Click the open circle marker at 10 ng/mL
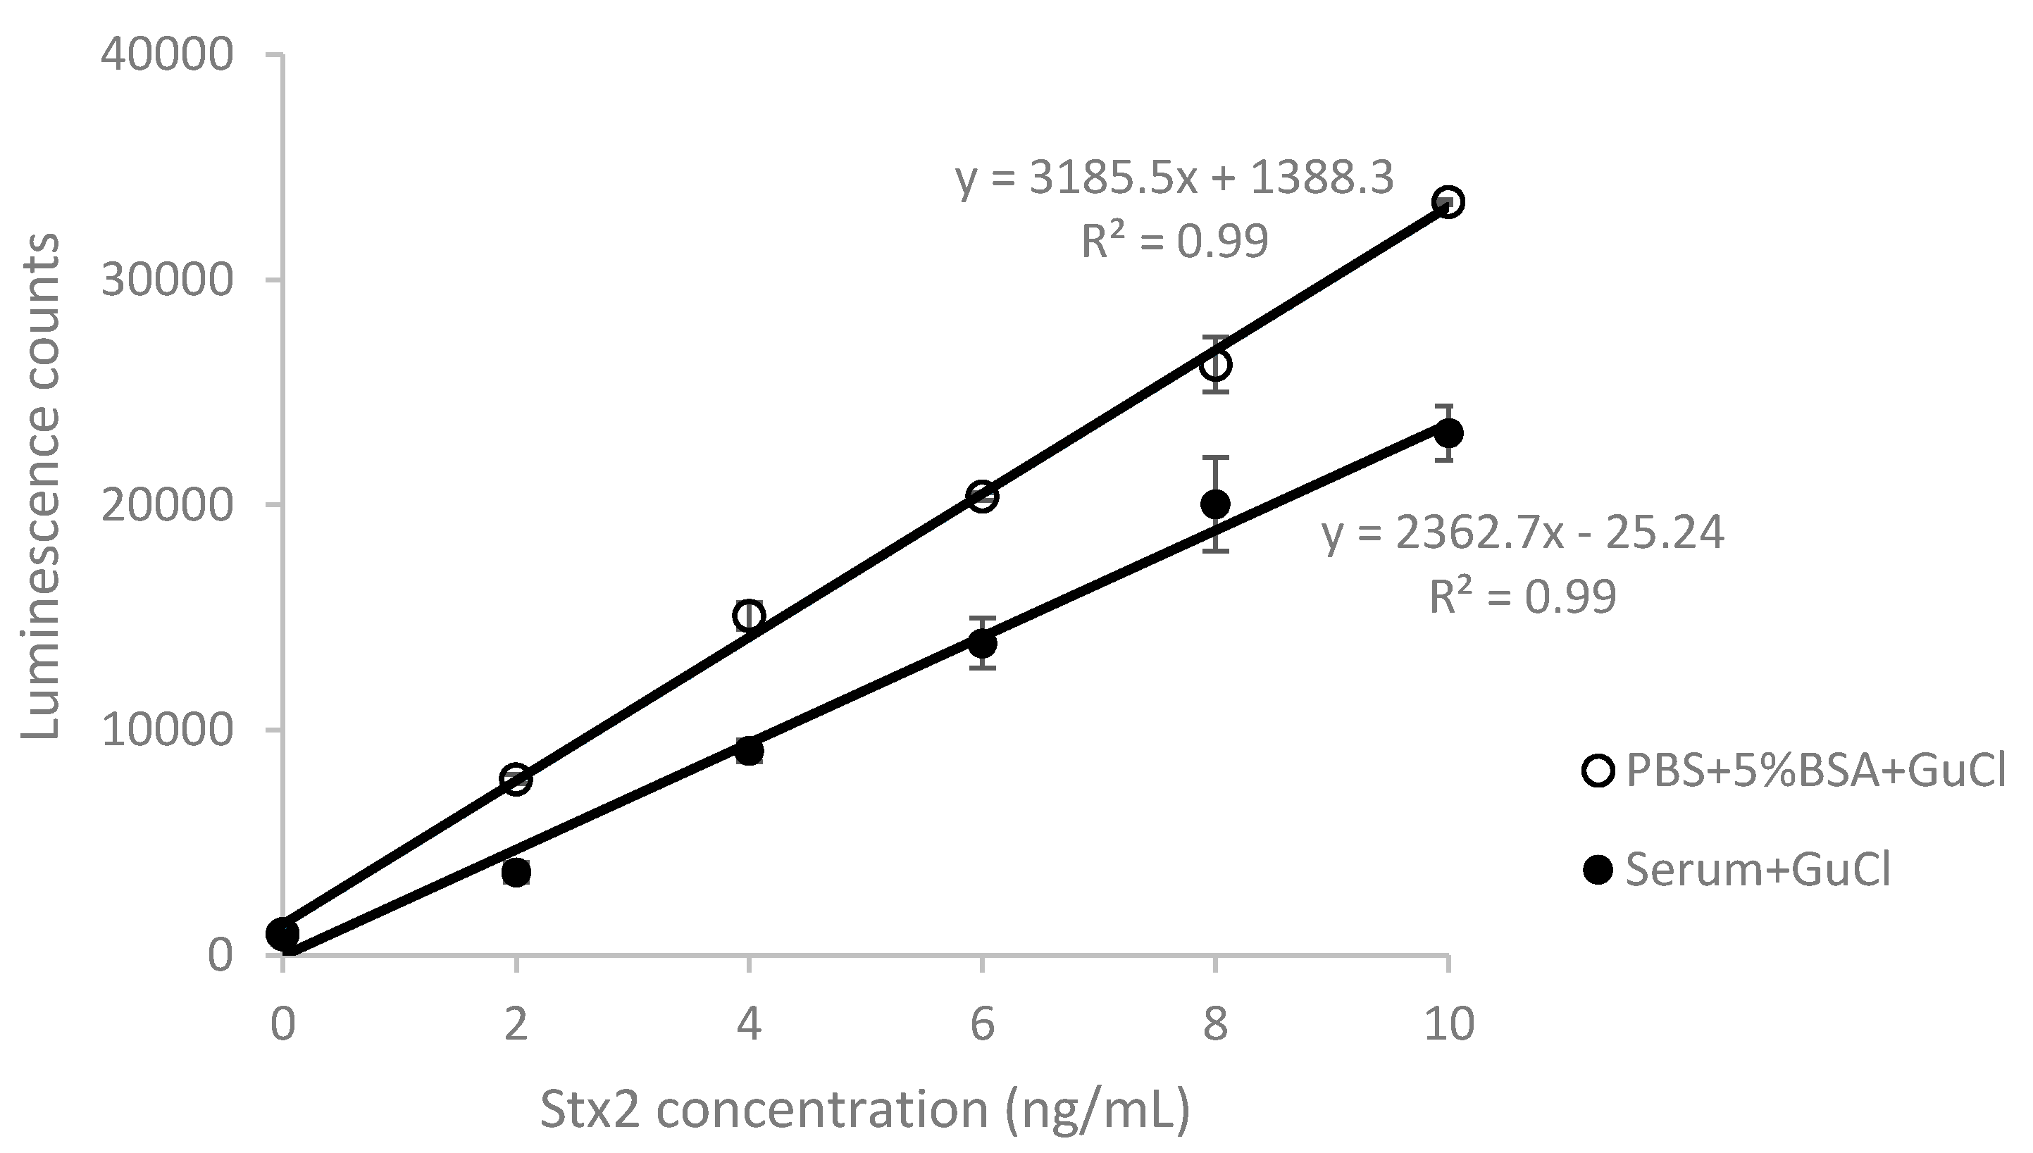tap(1448, 202)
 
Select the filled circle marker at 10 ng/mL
tap(1448, 433)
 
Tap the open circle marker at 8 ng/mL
tap(1215, 365)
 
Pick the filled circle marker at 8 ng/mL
tap(1215, 503)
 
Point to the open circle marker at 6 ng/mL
tap(982, 497)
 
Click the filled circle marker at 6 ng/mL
tap(982, 644)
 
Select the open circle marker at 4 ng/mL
tap(750, 616)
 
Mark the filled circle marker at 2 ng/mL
tap(516, 873)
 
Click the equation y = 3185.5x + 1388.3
tap(1174, 179)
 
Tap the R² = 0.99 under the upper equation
tap(1174, 242)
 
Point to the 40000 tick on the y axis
tap(167, 55)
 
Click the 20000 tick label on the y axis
tap(167, 504)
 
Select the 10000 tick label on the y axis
tap(167, 730)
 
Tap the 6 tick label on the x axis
tap(982, 1024)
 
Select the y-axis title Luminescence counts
tap(40, 486)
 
